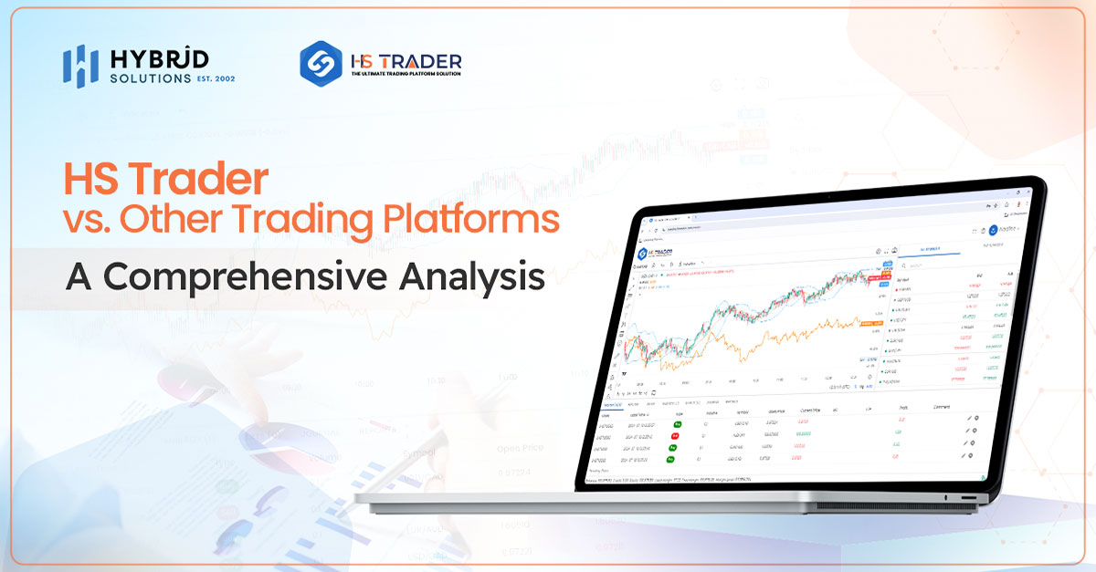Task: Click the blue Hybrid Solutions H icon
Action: click(80, 66)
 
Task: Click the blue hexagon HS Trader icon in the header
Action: click(321, 64)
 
